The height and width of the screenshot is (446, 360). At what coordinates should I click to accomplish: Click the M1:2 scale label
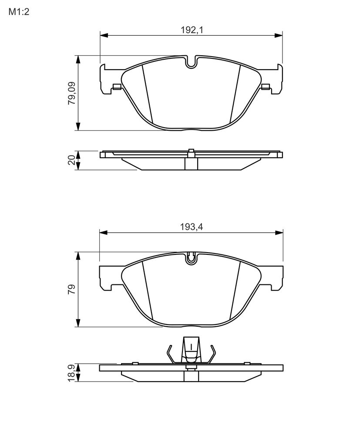[x=19, y=12]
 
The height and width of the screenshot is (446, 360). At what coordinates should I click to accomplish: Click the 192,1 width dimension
[x=192, y=30]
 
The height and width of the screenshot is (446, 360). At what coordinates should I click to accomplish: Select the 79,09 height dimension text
[x=72, y=93]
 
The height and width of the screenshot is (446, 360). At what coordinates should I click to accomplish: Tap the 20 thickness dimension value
[x=72, y=160]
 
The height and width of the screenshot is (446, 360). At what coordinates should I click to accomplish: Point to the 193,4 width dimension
[x=192, y=227]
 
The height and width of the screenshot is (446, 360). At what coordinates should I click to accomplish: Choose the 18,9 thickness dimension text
[x=72, y=373]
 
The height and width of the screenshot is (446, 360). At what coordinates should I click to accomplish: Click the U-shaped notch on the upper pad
[x=192, y=62]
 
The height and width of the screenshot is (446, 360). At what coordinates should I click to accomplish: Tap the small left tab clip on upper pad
[x=117, y=87]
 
